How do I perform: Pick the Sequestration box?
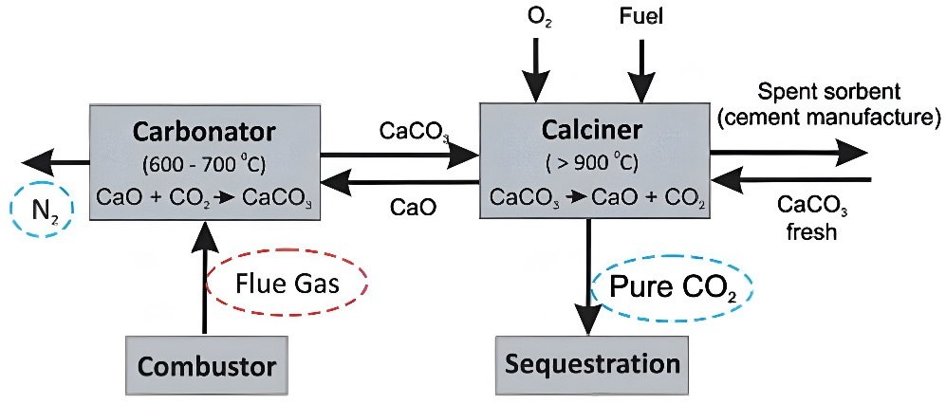[x=592, y=364]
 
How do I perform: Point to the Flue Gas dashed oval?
[x=287, y=282]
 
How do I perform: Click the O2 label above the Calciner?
[x=534, y=18]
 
